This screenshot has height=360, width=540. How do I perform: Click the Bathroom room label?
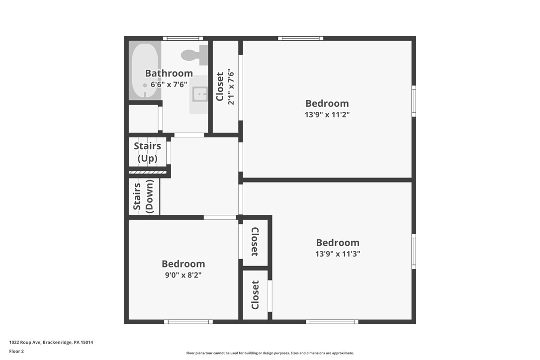[x=169, y=74]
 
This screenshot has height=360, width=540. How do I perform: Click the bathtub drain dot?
[x=145, y=86]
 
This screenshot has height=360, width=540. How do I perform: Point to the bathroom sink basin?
[x=200, y=93]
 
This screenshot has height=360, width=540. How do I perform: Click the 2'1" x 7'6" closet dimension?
[x=231, y=87]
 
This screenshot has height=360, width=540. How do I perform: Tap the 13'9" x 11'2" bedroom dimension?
[x=327, y=114]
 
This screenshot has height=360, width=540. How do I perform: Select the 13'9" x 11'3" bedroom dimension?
[x=338, y=254]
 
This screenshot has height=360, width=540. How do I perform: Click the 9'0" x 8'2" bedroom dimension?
[x=183, y=274]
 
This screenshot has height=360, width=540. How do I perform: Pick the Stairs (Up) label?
[x=147, y=152]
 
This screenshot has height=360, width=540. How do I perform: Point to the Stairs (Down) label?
[x=143, y=197]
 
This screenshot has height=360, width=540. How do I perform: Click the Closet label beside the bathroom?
[x=220, y=87]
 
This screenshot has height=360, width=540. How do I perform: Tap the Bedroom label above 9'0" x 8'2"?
[x=183, y=264]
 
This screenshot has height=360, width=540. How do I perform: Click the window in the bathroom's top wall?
[x=183, y=38]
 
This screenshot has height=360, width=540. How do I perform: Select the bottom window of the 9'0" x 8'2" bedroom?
[x=188, y=322]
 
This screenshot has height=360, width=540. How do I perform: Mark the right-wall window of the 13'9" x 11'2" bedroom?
[x=414, y=101]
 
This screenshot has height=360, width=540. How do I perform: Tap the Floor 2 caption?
[x=16, y=352]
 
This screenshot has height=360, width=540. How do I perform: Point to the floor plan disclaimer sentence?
[x=270, y=353]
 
